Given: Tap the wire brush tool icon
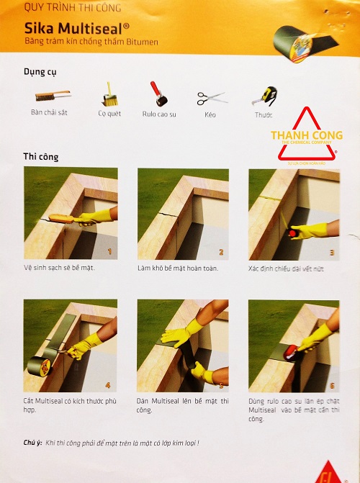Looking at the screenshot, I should click(x=52, y=95).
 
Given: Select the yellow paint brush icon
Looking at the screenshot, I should click(x=109, y=94).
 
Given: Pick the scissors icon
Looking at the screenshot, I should click(x=211, y=97).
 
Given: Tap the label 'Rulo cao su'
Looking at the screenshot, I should click(x=159, y=114).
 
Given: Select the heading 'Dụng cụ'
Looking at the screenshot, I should click(x=40, y=72).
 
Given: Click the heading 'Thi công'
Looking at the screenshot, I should click(x=41, y=156).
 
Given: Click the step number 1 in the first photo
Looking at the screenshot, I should click(x=109, y=252).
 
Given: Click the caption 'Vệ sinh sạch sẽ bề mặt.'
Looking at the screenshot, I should click(x=59, y=267).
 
